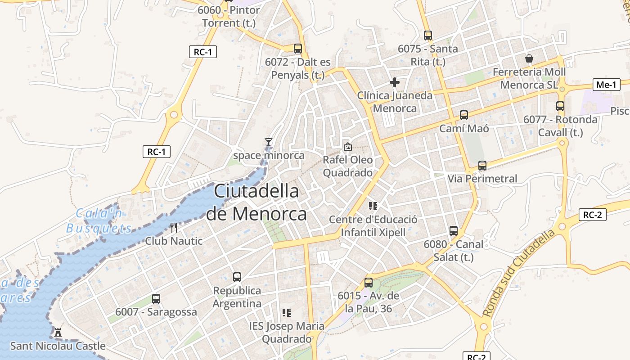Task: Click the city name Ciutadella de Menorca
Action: [x=256, y=202]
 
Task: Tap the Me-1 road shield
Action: [x=606, y=84]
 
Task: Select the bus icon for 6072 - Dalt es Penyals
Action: [x=297, y=49]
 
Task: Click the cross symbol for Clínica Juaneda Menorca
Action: [x=395, y=82]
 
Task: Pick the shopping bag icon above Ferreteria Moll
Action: [x=529, y=58]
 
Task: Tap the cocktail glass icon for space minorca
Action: [x=269, y=142]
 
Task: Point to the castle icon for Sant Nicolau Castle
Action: [x=58, y=333]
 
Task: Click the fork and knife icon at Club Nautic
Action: [x=174, y=227]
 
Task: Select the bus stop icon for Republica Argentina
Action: [x=237, y=277]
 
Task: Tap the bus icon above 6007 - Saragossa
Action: [x=156, y=298]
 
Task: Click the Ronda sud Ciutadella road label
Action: [x=518, y=273]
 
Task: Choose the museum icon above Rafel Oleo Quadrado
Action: [x=347, y=146]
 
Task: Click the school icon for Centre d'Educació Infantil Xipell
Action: [x=373, y=206]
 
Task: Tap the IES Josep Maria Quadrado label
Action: [x=287, y=332]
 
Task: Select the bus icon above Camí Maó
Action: [x=464, y=115]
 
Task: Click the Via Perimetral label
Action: [x=482, y=179]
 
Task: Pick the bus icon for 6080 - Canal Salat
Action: [x=454, y=231]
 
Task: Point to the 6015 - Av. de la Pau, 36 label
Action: [x=369, y=302]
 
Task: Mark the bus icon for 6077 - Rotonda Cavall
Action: [x=560, y=106]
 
